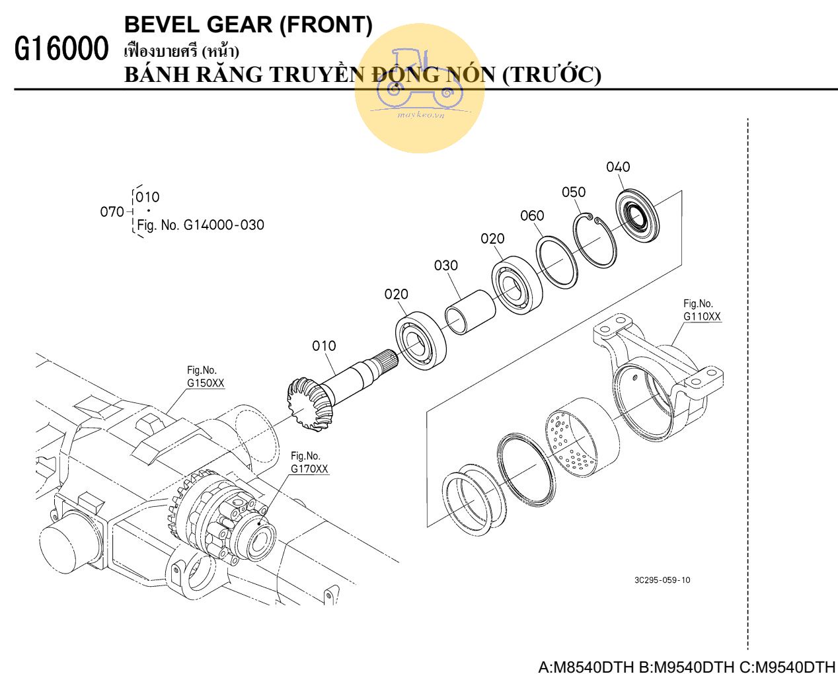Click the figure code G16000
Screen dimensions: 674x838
pos(61,49)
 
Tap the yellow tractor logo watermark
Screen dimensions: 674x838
pos(420,88)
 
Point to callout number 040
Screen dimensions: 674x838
pos(618,167)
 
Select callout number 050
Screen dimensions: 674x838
pos(573,192)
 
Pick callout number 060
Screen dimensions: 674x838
pos(532,216)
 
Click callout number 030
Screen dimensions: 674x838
pos(446,266)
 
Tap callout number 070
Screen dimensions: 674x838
pos(112,211)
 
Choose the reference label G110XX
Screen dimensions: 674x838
pos(702,317)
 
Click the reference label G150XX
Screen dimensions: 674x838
pos(206,383)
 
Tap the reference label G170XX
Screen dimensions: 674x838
pos(309,469)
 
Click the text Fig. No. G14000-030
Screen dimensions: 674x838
pos(200,225)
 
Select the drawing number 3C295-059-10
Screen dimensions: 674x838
pos(662,580)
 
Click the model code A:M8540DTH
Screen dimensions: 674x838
pos(586,666)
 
